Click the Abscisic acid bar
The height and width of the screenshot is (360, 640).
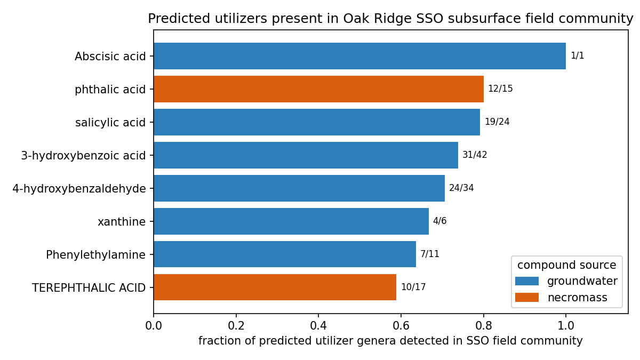click(x=359, y=56)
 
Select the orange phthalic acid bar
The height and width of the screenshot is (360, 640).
click(x=318, y=89)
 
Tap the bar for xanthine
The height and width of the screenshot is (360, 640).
click(x=291, y=221)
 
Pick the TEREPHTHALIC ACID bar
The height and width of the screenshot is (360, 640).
click(x=275, y=287)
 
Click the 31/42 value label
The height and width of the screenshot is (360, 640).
click(x=475, y=155)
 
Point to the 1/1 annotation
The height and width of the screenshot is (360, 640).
click(x=578, y=55)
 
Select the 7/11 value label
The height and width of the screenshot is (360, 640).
click(x=430, y=254)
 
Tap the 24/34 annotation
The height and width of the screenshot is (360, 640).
click(x=461, y=188)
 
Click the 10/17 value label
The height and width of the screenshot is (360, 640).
click(x=413, y=287)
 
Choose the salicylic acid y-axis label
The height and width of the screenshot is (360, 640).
click(x=110, y=123)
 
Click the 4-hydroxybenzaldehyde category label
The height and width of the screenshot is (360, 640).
click(x=79, y=189)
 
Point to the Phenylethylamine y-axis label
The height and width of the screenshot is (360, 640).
click(x=95, y=255)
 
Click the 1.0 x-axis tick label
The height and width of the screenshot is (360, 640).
click(x=566, y=326)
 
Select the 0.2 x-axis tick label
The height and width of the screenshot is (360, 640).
click(x=236, y=326)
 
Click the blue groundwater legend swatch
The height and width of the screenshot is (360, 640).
click(x=527, y=281)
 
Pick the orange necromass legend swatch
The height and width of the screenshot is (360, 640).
click(x=527, y=298)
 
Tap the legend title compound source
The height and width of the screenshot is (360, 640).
click(x=566, y=265)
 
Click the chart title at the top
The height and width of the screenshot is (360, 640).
click(x=390, y=19)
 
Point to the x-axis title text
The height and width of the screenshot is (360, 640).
click(x=390, y=341)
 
